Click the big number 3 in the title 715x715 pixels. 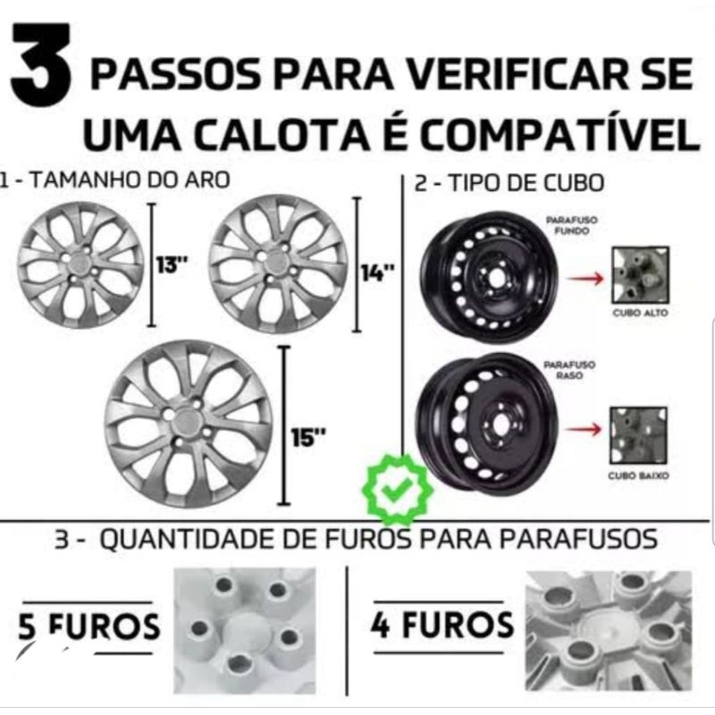point(41,64)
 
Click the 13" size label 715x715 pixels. point(172,265)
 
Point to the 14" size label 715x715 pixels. point(377,273)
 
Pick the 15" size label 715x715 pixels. point(308,438)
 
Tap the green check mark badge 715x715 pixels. point(397,489)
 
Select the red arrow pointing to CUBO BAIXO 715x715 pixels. point(584,429)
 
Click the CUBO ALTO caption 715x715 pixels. point(640,313)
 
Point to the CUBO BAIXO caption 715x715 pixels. point(638,475)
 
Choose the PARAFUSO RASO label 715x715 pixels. point(569,370)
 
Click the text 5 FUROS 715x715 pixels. point(88,626)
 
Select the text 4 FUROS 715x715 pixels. point(442,624)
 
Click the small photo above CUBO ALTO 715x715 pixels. point(641,275)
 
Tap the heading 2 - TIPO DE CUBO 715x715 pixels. point(509,183)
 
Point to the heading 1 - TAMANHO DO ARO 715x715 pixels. point(114,180)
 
